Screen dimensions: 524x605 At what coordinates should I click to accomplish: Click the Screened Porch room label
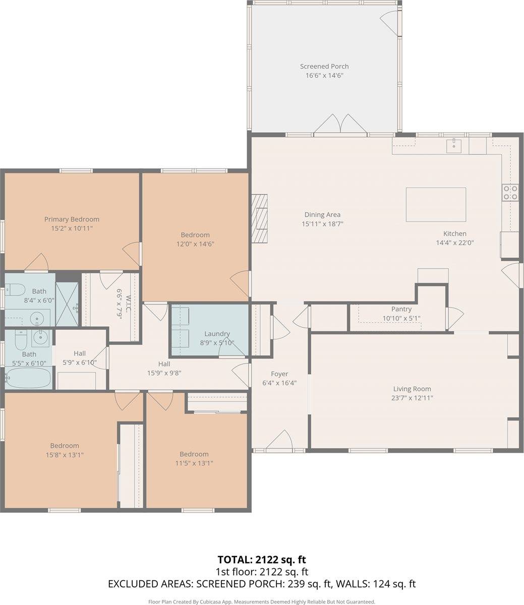pos(324,67)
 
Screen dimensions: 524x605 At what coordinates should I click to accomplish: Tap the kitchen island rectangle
pos(436,204)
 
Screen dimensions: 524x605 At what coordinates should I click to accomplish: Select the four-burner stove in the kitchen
pos(510,192)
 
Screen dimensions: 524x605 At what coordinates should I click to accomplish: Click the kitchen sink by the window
pos(454,146)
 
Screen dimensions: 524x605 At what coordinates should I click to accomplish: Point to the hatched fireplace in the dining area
pos(259,218)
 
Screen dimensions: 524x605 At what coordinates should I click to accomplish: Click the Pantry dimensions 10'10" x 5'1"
pos(401,318)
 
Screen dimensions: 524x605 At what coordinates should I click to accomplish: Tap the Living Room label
pos(412,389)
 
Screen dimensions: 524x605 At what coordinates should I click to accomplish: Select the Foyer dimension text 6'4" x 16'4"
pos(279,383)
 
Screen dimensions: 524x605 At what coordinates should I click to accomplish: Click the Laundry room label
pos(217,334)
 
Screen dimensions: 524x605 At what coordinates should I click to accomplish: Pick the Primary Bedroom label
pos(72,219)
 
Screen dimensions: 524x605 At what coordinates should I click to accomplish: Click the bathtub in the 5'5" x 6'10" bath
pos(28,378)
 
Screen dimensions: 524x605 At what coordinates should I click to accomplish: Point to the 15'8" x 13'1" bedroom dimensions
pos(65,455)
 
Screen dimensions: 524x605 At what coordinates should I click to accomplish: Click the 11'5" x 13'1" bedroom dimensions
pos(194,463)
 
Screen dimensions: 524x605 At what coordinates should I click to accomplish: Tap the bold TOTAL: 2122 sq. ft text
pos(262,559)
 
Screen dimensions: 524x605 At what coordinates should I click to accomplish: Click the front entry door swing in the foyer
pos(279,440)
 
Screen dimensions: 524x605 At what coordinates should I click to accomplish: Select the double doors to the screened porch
pos(340,125)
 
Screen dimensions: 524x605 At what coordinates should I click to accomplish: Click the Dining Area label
pos(322,215)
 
